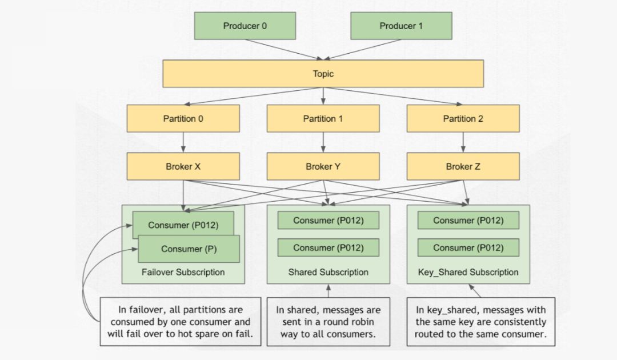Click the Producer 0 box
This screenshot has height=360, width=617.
point(245,26)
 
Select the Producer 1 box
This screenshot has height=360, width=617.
point(401,26)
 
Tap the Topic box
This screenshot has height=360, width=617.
point(323,74)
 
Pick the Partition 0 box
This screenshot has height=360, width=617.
point(183,119)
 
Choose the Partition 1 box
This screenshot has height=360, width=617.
point(323,119)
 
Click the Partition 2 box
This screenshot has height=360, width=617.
point(463,119)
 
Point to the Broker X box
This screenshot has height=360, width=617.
point(183,167)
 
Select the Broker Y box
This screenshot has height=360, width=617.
point(323,167)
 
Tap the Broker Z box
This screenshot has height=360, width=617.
point(463,167)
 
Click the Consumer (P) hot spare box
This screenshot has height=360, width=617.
point(189,249)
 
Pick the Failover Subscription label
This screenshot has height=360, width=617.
point(183,273)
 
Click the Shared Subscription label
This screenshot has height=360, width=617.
point(328,273)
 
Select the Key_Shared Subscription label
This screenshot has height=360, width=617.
point(468,273)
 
